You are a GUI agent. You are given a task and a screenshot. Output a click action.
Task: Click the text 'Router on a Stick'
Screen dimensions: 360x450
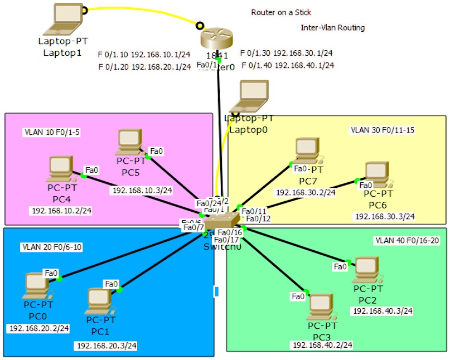point(281,12)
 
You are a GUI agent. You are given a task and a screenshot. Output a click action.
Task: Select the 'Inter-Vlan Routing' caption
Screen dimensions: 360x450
point(333,28)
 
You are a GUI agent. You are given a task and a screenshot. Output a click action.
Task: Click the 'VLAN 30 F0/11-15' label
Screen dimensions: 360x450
point(383,130)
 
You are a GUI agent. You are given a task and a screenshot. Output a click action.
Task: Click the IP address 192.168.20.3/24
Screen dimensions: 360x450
point(106,346)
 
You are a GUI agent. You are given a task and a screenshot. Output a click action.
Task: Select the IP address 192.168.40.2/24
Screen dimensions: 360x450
point(322,346)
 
